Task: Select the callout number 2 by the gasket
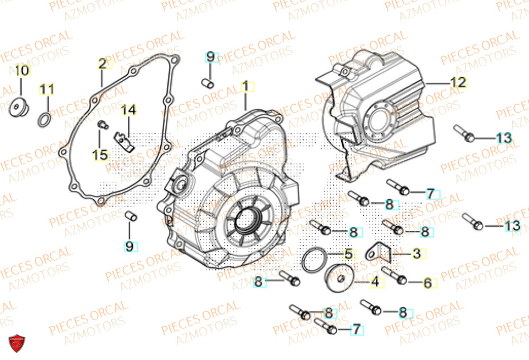click(x=103, y=64)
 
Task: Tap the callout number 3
click(x=416, y=254)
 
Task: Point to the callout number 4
click(x=375, y=282)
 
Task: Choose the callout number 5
click(x=348, y=254)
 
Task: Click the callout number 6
click(x=427, y=283)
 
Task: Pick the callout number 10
click(x=22, y=70)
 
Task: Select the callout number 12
click(x=458, y=82)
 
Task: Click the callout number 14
click(x=129, y=110)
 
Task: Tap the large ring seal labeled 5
click(x=312, y=259)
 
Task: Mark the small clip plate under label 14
click(x=125, y=140)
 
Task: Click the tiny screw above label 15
click(x=103, y=124)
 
